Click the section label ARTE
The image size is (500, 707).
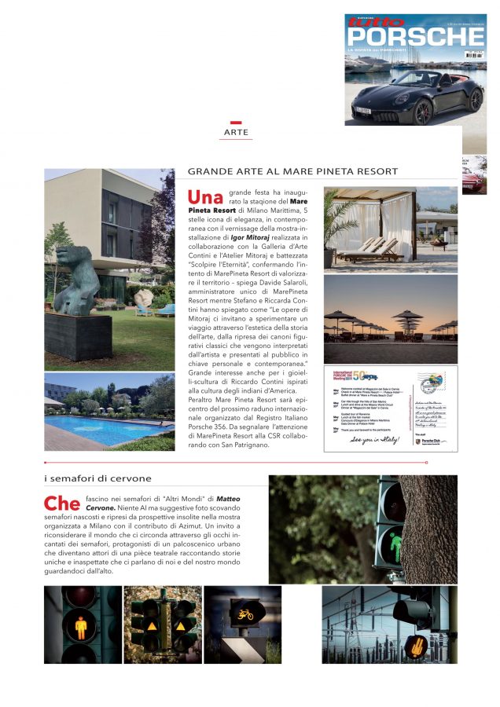pos(236,133)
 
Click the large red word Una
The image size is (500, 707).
pos(205,196)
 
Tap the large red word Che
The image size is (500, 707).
pos(61,503)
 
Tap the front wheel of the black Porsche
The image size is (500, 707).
pos(422,110)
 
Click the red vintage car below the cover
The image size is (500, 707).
pos(475,177)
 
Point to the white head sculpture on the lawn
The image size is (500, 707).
pos(144,298)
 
